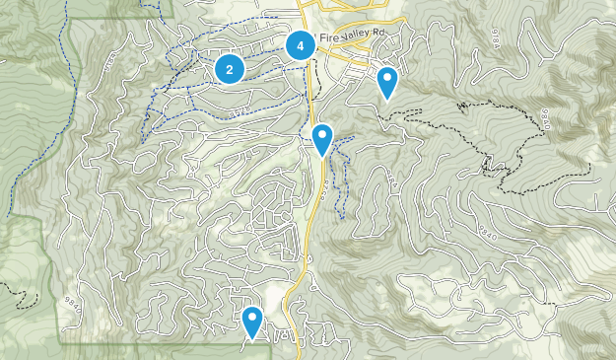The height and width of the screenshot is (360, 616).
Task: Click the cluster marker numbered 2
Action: pos(230,69)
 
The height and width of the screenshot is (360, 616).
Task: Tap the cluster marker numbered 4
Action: pos(301,45)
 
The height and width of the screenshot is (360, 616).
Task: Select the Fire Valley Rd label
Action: pos(351,36)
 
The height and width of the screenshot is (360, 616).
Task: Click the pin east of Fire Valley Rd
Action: pos(388,83)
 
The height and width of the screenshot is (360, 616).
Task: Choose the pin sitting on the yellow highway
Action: pos(322,140)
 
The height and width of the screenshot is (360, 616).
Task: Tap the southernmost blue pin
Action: pos(252,322)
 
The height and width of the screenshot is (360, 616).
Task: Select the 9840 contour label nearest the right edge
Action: pos(545,118)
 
